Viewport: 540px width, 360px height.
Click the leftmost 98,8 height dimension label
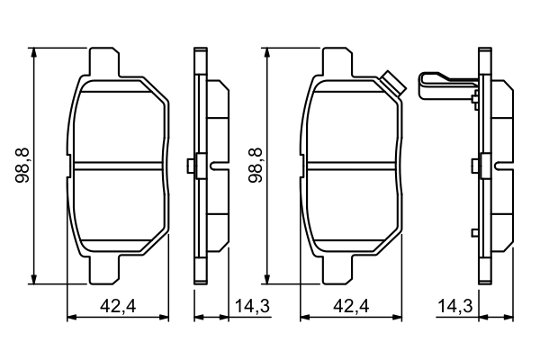point(22,166)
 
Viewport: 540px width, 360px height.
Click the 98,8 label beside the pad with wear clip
point(256,166)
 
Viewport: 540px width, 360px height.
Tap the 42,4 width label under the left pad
point(118,306)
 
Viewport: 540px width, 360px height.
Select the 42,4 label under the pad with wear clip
point(351,306)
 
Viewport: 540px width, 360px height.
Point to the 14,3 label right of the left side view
point(252,306)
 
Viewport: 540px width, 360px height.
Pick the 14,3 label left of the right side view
point(455,306)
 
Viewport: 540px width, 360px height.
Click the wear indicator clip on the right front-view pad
point(393,84)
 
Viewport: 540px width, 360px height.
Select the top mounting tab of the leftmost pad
point(104,62)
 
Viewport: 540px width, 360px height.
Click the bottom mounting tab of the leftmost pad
point(104,270)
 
